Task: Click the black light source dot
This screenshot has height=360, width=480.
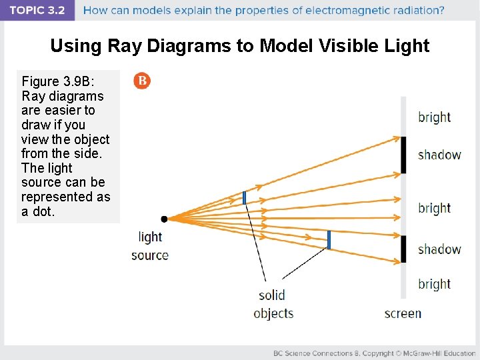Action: point(164,218)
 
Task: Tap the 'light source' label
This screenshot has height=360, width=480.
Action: point(150,246)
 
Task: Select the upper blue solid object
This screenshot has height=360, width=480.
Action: point(245,197)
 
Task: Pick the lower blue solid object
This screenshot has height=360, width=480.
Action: point(329,239)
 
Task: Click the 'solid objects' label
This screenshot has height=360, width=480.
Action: point(273,304)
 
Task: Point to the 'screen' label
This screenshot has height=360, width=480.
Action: point(403,313)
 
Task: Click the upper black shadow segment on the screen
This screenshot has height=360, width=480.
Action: point(403,155)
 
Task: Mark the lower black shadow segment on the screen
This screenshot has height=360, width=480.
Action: point(403,249)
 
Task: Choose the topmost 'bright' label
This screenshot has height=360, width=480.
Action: point(434,117)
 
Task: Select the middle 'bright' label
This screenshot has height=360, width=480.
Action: point(434,208)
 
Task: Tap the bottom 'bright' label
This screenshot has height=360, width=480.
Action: point(434,284)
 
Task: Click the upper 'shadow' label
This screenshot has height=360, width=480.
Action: point(439,155)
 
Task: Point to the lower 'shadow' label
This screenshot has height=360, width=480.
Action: point(439,249)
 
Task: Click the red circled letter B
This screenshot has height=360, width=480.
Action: point(142,81)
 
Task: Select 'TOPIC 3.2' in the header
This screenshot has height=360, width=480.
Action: point(37,11)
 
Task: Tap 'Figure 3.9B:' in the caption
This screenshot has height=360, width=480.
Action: point(59,81)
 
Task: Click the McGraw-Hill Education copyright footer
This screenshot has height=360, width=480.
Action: point(373,353)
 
